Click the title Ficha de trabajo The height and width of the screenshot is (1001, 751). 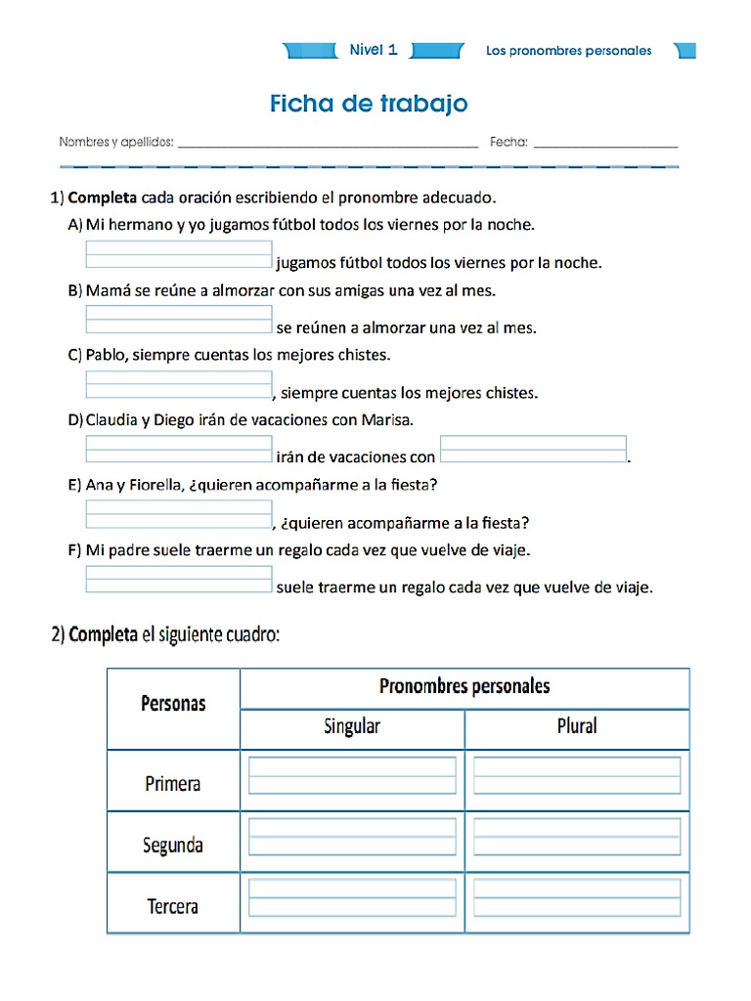click(369, 104)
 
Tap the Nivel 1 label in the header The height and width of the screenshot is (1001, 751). click(374, 50)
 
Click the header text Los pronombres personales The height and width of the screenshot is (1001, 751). click(568, 51)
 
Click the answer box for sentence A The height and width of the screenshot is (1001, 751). click(179, 254)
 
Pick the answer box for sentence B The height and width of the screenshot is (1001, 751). click(179, 319)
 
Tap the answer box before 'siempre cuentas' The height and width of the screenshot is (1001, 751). click(179, 384)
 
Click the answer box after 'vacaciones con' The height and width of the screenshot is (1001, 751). click(533, 449)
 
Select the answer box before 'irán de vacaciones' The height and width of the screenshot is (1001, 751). click(179, 449)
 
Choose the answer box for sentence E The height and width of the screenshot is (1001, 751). click(179, 514)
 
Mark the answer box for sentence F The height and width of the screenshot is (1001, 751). click(179, 579)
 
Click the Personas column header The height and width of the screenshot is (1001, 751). click(173, 703)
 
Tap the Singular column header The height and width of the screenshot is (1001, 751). click(352, 726)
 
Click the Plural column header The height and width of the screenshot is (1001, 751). click(577, 726)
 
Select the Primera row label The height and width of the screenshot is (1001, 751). click(173, 783)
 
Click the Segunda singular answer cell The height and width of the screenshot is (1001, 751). click(352, 838)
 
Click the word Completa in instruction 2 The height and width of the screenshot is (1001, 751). click(103, 634)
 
